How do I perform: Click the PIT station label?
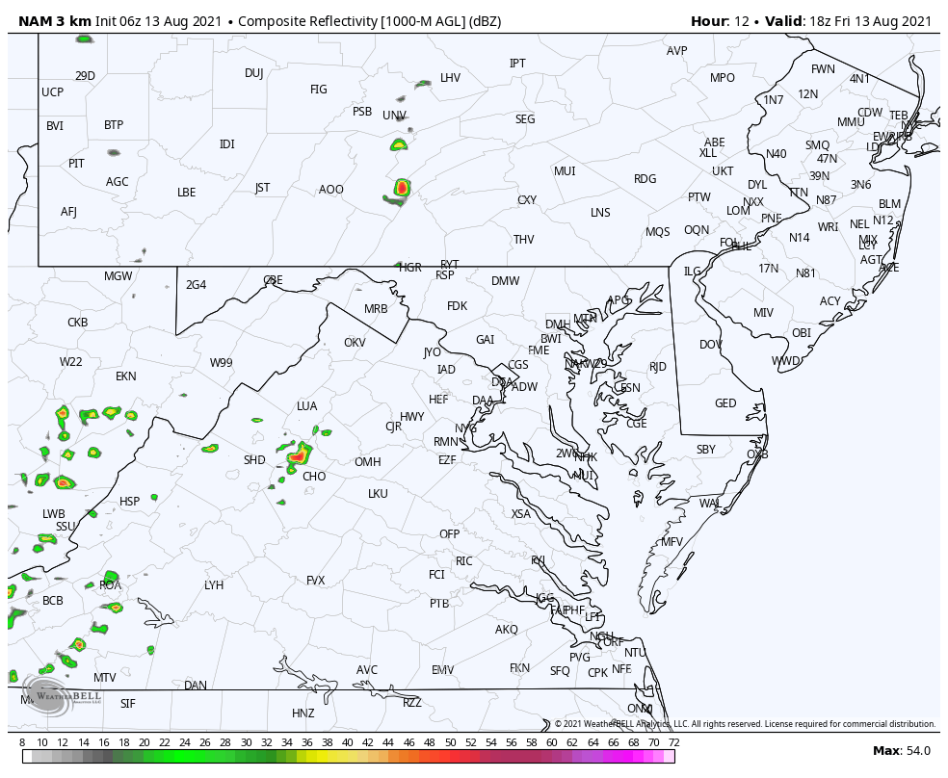(x=76, y=164)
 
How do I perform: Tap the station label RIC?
(x=464, y=561)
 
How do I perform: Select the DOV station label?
(x=711, y=345)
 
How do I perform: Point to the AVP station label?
(x=677, y=51)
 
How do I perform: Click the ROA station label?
(x=111, y=585)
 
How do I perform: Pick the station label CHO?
(x=314, y=477)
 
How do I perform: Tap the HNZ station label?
(x=303, y=713)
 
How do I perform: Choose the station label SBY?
(x=706, y=450)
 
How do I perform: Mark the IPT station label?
(x=517, y=64)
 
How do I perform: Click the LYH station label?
(x=214, y=585)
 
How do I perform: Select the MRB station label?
(x=376, y=309)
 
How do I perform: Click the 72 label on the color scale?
(x=674, y=742)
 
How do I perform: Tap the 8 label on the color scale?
(x=22, y=742)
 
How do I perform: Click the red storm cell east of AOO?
(x=402, y=189)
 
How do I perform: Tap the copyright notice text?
(x=745, y=724)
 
